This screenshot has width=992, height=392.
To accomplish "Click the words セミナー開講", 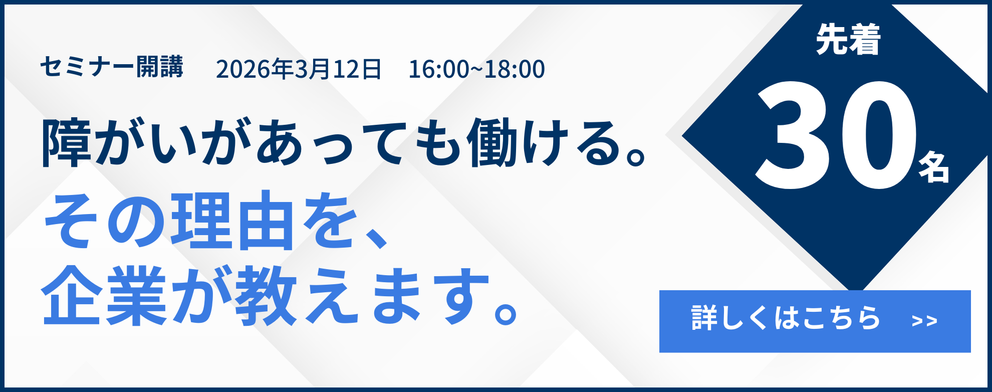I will pyautogui.click(x=111, y=67).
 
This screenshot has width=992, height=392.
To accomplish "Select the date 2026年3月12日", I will pyautogui.click(x=299, y=69).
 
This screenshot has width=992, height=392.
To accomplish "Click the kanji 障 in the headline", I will pyautogui.click(x=67, y=143).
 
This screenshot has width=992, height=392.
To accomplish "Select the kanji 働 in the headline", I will pyautogui.click(x=492, y=143).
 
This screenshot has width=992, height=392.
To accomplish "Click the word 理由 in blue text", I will pyautogui.click(x=232, y=221).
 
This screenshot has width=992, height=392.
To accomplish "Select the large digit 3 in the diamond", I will pyautogui.click(x=794, y=135).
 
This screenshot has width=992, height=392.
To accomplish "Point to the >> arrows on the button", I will pyautogui.click(x=924, y=321).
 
